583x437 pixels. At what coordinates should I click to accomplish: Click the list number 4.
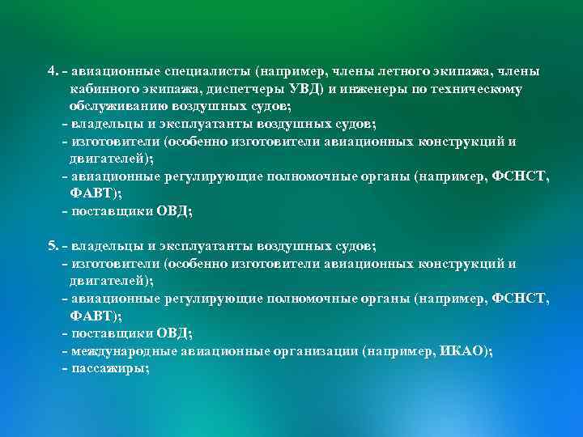pyautogui.click(x=51, y=71)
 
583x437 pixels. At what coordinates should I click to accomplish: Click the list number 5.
pyautogui.click(x=51, y=245)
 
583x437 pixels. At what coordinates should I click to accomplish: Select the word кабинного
pyautogui.click(x=103, y=89)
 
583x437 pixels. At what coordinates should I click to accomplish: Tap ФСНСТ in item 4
pyautogui.click(x=520, y=176)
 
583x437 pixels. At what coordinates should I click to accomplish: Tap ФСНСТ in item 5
pyautogui.click(x=520, y=298)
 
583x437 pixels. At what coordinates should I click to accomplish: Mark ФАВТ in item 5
pyautogui.click(x=96, y=316)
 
